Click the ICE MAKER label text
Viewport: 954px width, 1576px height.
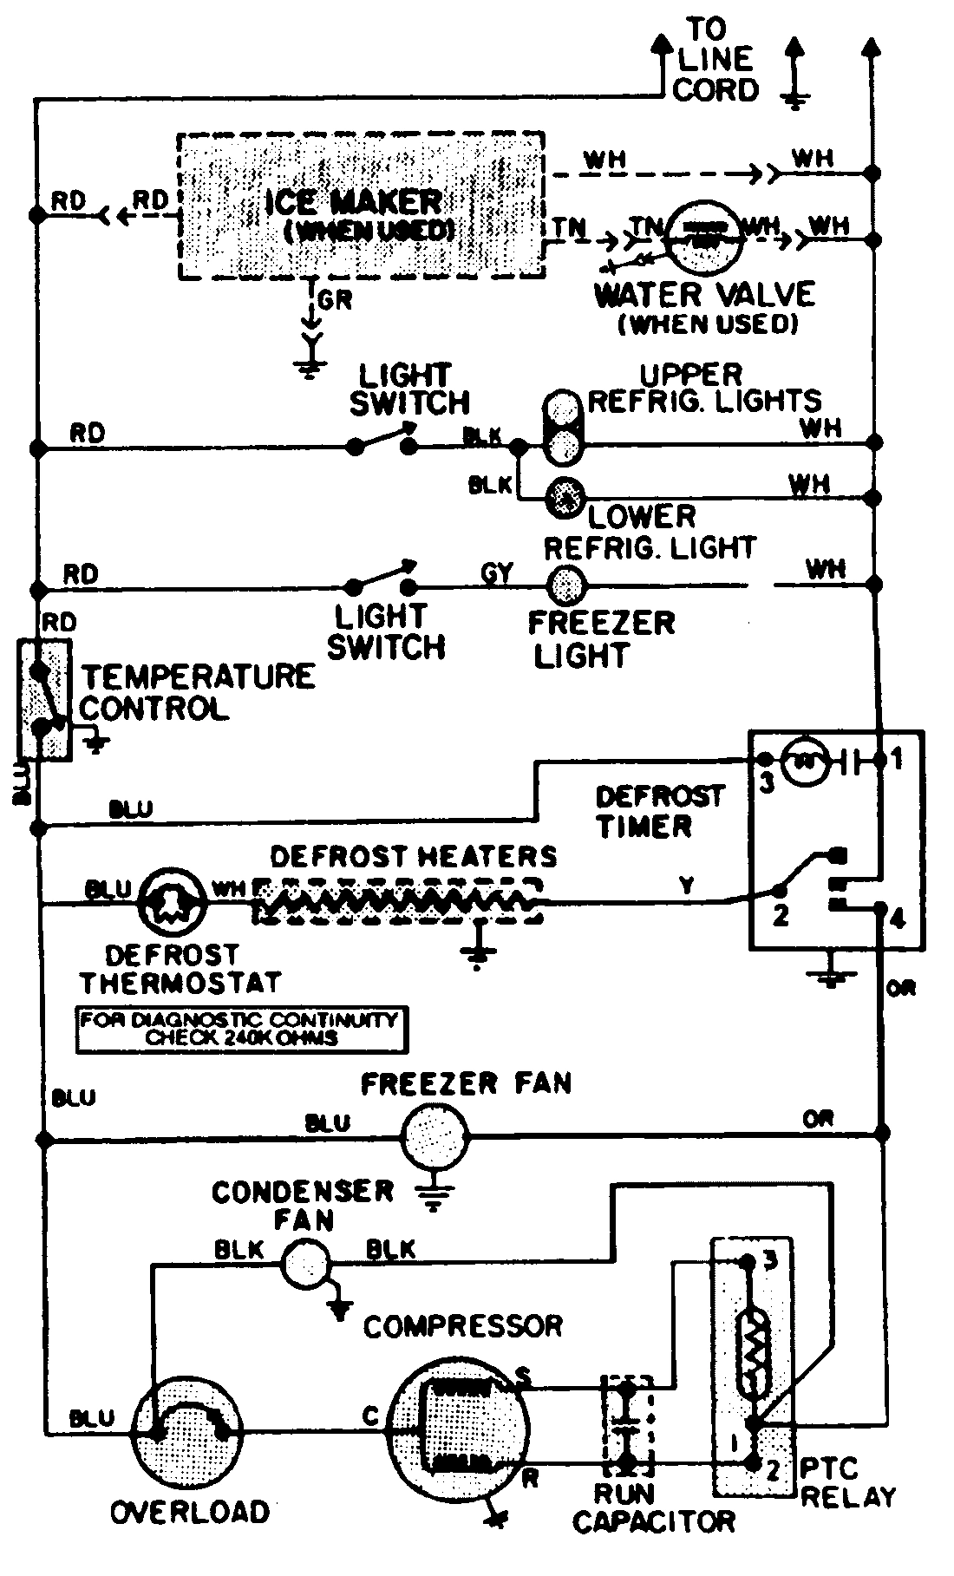(x=354, y=203)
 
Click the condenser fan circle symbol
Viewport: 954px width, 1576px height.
(x=305, y=1264)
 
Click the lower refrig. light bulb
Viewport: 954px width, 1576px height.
(x=565, y=497)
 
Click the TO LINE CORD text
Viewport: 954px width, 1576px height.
(x=715, y=59)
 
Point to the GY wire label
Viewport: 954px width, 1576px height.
(x=497, y=572)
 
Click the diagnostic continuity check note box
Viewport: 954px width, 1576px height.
(x=241, y=1029)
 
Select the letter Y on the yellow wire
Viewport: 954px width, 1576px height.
(x=687, y=886)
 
